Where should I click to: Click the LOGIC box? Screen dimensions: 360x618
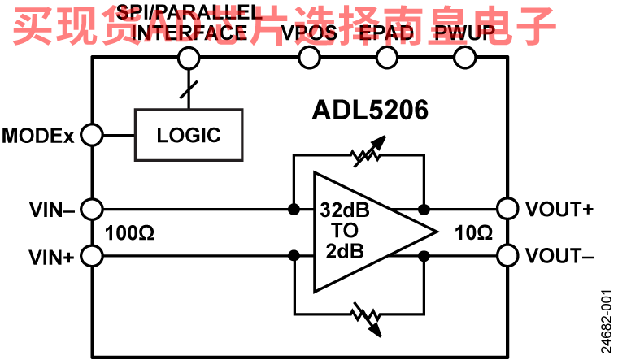(189, 134)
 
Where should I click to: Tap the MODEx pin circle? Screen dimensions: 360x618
(92, 135)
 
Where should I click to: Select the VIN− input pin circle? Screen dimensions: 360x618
(92, 209)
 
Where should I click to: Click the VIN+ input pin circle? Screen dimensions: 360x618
(92, 257)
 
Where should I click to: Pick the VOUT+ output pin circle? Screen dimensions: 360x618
(508, 209)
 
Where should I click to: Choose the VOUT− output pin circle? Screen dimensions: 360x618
(508, 256)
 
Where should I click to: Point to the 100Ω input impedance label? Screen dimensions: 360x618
(130, 233)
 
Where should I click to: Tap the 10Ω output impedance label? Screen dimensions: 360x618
(474, 233)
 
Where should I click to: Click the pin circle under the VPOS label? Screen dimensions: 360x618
(309, 58)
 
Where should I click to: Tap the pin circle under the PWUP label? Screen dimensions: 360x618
(464, 58)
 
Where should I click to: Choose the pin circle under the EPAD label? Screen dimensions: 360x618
(387, 58)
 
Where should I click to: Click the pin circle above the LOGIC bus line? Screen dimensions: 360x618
(189, 58)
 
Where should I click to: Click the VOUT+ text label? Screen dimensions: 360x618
(559, 209)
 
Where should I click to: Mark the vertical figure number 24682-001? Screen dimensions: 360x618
(606, 321)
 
